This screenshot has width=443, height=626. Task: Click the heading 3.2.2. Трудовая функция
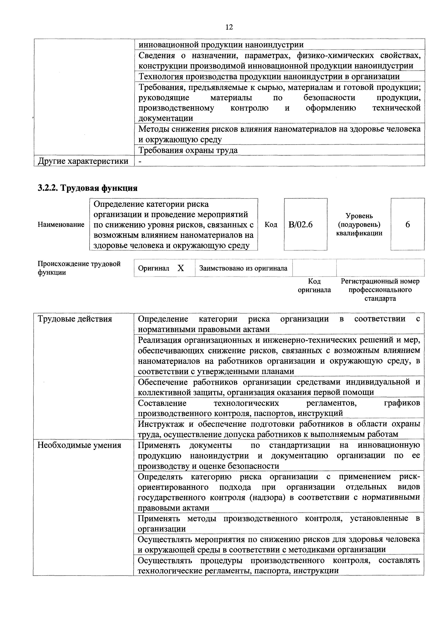click(88, 188)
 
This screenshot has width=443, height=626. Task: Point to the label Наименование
click(61, 225)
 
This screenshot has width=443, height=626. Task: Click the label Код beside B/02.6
click(271, 225)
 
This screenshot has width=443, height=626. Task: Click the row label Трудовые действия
click(75, 319)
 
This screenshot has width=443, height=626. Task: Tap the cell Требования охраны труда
click(188, 150)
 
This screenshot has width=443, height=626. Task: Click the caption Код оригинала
click(314, 286)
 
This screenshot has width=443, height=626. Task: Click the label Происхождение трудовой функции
click(79, 268)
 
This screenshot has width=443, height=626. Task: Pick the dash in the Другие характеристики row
click(140, 161)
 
